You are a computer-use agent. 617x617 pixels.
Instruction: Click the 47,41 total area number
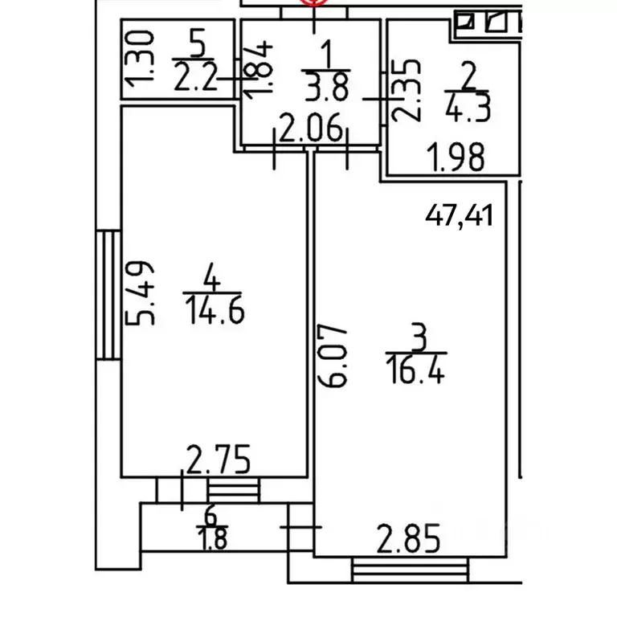tap(459, 215)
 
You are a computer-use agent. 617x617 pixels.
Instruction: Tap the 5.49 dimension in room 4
tap(139, 293)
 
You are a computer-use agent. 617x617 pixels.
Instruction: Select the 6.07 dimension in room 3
tap(332, 356)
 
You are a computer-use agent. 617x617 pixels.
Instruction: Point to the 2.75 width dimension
tap(218, 459)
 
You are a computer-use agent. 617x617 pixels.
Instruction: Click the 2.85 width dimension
tap(408, 538)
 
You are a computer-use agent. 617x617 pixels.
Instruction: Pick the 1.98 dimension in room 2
tap(456, 157)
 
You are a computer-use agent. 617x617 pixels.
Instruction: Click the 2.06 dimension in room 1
tap(310, 127)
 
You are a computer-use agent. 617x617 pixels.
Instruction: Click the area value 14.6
tap(215, 310)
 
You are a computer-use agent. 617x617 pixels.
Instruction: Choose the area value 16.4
tap(415, 369)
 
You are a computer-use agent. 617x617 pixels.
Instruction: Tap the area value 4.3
tap(468, 107)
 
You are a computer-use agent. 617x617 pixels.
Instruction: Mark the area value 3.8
tap(326, 87)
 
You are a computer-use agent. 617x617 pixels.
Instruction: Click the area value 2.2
tap(195, 76)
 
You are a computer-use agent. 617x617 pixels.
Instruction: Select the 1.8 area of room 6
tap(213, 539)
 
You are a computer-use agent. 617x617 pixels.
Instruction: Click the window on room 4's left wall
tap(108, 295)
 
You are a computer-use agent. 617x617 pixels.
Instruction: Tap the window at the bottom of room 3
tap(411, 570)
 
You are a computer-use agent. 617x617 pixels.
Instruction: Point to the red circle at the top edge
tap(313, 2)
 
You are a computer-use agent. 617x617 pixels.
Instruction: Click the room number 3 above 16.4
tap(418, 337)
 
